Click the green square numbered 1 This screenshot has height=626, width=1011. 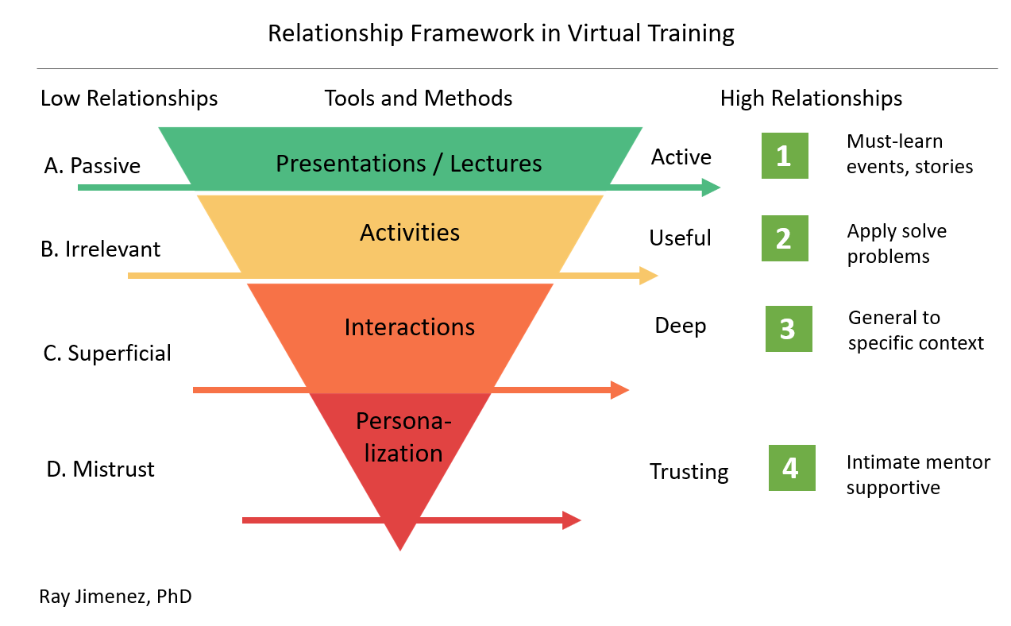(784, 156)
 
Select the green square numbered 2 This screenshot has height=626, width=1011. (784, 238)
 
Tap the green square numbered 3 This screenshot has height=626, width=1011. (788, 329)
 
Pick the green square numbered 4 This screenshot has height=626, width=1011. (791, 468)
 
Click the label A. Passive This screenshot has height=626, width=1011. (92, 166)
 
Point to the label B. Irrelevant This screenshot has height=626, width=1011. (100, 249)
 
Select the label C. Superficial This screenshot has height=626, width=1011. (107, 353)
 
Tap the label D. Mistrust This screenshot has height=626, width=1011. (100, 469)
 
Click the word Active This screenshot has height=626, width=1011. (681, 157)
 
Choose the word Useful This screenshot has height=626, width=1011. (680, 238)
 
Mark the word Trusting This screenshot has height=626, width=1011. (689, 471)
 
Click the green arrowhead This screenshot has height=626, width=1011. (711, 187)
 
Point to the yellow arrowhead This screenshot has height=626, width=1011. (649, 276)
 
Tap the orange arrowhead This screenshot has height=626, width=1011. (619, 390)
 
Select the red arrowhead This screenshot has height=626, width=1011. (572, 520)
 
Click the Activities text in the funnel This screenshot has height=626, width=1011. (410, 233)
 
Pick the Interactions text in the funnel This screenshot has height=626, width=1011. (410, 327)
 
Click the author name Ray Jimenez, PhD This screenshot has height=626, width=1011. (115, 596)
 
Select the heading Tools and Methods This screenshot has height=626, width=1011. (419, 99)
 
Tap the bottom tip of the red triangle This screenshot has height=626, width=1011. (400, 548)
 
